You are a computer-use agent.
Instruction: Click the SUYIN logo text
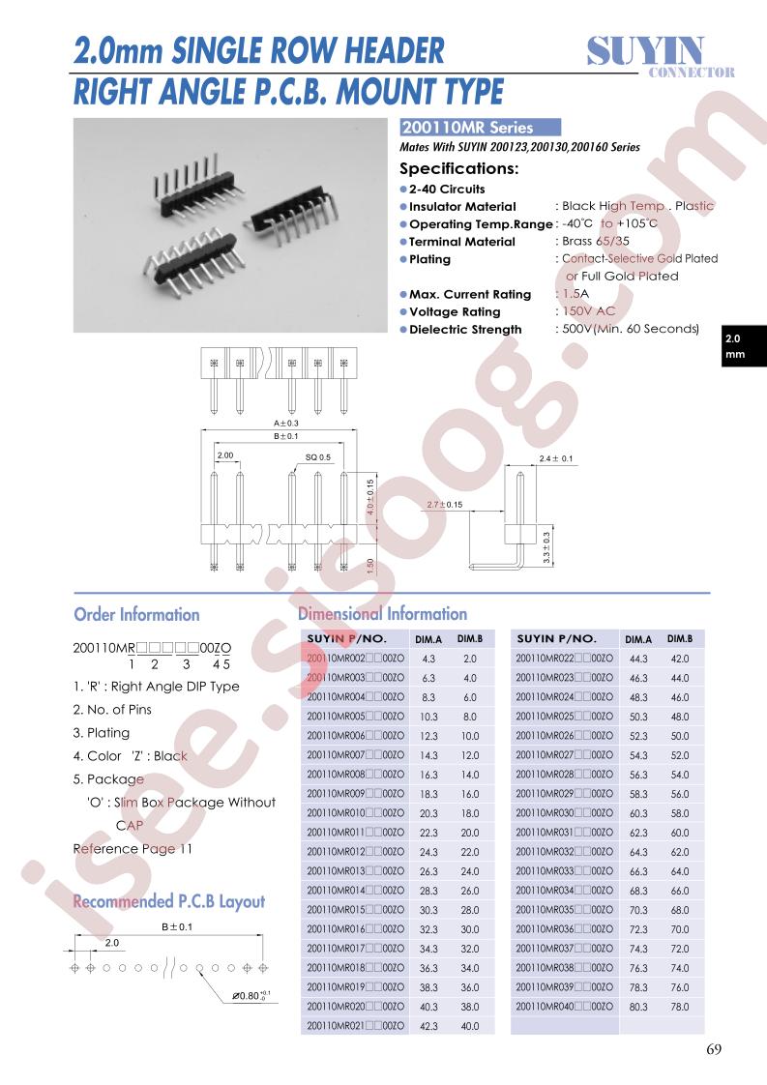(645, 51)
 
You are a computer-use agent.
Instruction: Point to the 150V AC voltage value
(587, 311)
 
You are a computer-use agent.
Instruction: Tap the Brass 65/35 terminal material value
(595, 241)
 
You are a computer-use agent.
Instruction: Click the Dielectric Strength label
(464, 330)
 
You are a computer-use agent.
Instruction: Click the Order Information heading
(136, 615)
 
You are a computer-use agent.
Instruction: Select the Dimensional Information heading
(382, 614)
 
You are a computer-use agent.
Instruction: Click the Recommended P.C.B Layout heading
(169, 901)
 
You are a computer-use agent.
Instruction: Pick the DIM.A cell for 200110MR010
(428, 813)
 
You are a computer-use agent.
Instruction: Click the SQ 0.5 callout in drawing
(318, 456)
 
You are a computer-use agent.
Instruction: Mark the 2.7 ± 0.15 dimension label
(444, 505)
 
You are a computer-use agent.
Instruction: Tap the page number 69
(715, 1051)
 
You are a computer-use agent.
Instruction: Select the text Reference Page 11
(133, 848)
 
